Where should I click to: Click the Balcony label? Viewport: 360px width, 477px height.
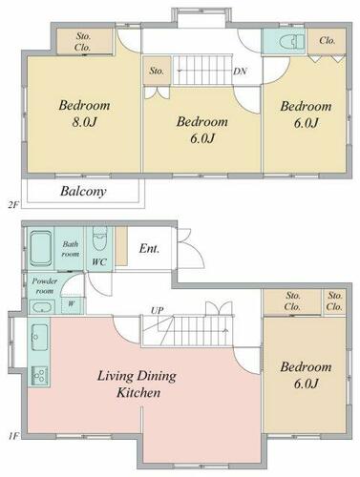83,191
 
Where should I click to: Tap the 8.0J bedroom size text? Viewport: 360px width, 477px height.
84,122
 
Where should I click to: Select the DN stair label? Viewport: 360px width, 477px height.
240,72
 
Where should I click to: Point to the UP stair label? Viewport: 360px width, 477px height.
157,310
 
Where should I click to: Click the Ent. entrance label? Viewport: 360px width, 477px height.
149,248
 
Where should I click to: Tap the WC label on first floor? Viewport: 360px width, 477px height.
99,262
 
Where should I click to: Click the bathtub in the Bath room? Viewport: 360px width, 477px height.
41,248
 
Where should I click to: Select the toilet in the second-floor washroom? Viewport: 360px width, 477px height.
292,42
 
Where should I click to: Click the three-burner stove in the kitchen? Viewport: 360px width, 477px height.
39,376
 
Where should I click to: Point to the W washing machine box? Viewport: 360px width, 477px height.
72,304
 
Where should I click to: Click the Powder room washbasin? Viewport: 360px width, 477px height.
42,308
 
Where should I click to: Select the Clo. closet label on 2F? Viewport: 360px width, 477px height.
327,41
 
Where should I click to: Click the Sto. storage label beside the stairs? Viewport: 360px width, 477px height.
157,71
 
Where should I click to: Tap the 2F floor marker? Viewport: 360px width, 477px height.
12,205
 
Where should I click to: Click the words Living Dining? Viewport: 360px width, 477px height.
137,376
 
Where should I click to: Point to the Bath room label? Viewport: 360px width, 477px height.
71,249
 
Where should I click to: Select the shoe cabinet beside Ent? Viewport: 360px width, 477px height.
121,246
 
